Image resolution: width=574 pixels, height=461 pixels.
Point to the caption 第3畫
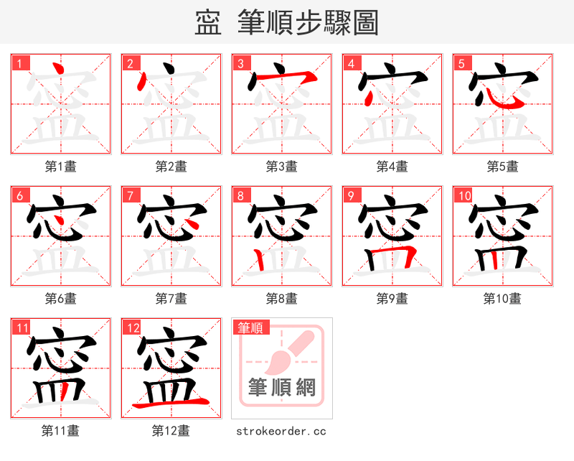tap(281, 167)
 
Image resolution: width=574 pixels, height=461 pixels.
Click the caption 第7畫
tap(171, 299)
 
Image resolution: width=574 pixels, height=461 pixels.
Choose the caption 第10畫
tap(502, 299)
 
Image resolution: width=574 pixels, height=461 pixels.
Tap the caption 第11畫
tap(60, 431)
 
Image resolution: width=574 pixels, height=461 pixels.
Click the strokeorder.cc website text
tap(281, 431)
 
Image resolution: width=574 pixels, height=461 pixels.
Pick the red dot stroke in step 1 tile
tap(60, 70)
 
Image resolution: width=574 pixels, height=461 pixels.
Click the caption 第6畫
tap(60, 299)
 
